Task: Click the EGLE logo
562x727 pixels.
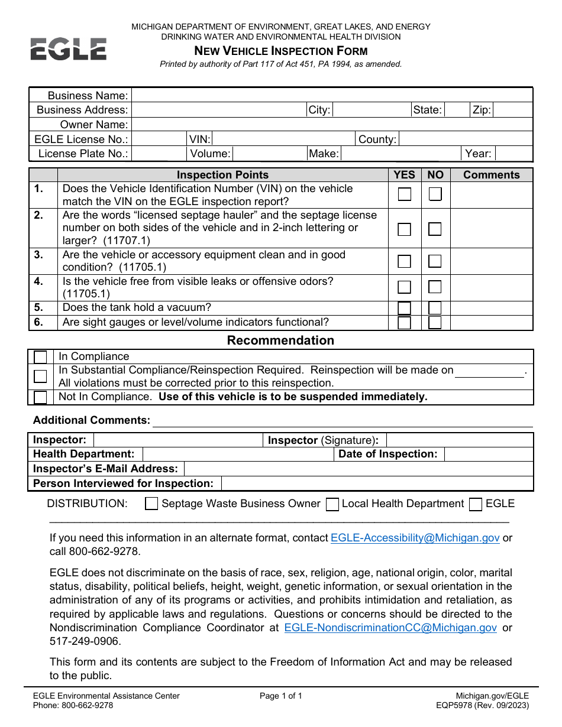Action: pos(69,48)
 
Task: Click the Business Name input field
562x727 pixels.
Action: pos(331,96)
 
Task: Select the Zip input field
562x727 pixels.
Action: pos(512,110)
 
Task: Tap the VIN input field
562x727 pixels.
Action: pos(283,139)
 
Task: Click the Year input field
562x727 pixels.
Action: pos(513,154)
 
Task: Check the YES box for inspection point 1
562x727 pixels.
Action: pos(405,194)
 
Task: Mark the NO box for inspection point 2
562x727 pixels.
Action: pos(435,229)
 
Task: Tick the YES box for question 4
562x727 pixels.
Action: pos(405,287)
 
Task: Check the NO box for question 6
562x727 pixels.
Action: pos(435,323)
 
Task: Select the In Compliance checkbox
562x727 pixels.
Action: pos(41,357)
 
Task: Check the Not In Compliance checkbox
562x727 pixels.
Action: pos(41,397)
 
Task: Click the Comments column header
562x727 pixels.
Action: pos(491,175)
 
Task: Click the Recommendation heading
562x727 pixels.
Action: pos(280,340)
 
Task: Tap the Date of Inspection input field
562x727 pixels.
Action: pos(488,454)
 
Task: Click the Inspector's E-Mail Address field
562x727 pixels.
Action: pos(358,469)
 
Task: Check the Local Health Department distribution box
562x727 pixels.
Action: pos(332,504)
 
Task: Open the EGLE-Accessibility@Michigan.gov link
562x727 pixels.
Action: pos(415,538)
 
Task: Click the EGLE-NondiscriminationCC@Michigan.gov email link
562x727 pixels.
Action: pos(390,628)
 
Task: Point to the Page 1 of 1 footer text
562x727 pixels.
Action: pos(280,696)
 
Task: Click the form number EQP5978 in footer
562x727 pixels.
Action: pos(473,705)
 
